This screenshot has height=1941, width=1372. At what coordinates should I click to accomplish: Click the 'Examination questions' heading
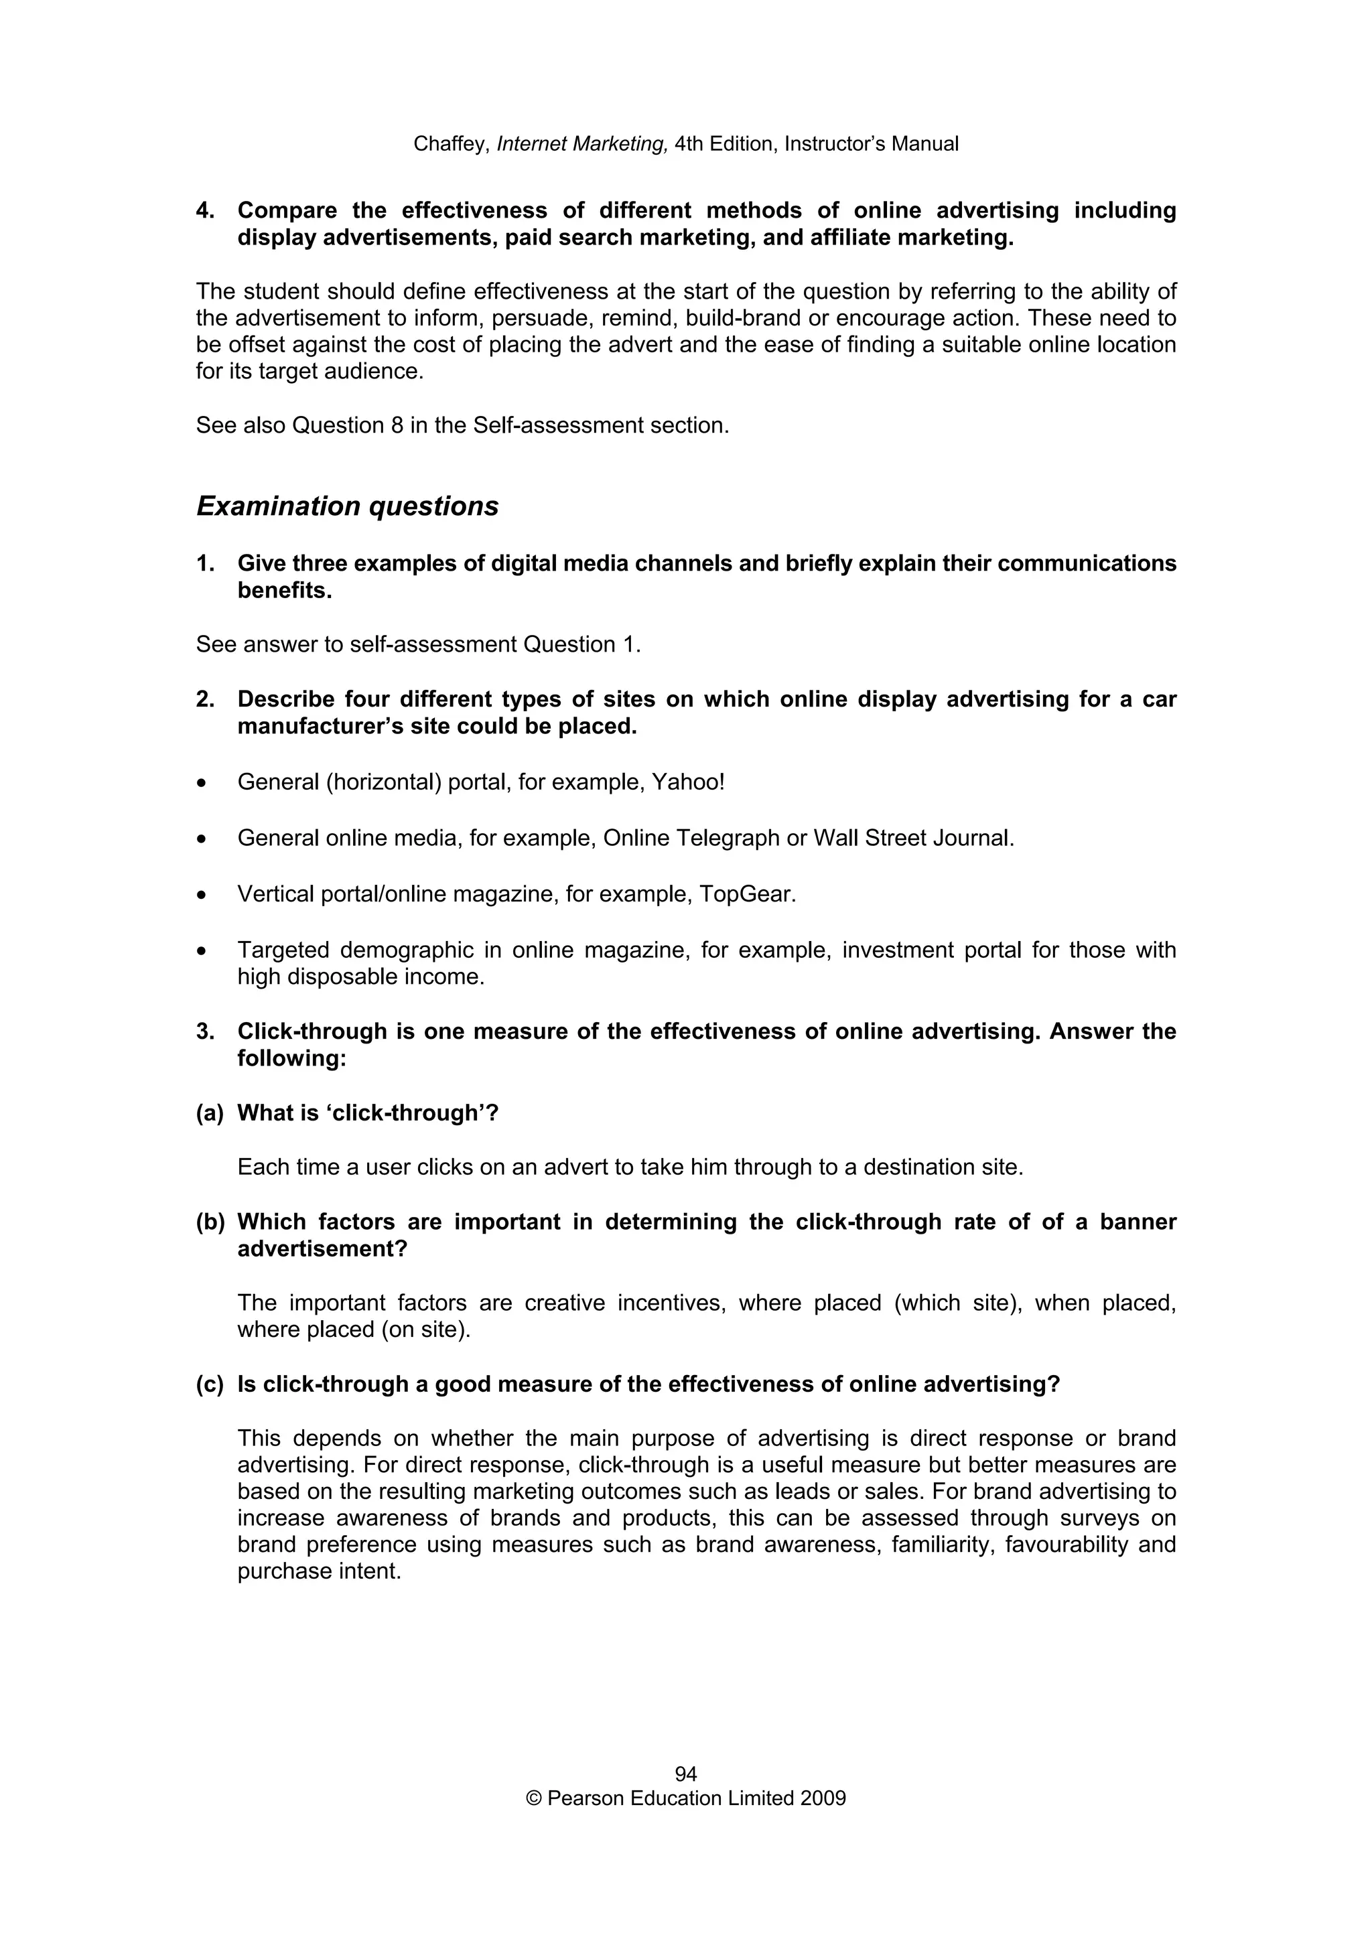(348, 506)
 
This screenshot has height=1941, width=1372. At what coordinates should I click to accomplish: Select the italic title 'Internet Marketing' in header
(582, 145)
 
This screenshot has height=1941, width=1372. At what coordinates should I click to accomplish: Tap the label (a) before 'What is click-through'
(210, 1113)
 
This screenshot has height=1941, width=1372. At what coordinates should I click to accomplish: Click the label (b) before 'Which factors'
(210, 1222)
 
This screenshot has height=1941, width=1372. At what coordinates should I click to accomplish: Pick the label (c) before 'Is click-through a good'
(210, 1384)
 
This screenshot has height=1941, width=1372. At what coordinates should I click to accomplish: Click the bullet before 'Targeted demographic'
(201, 951)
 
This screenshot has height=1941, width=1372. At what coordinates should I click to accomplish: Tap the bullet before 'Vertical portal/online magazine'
(201, 895)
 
